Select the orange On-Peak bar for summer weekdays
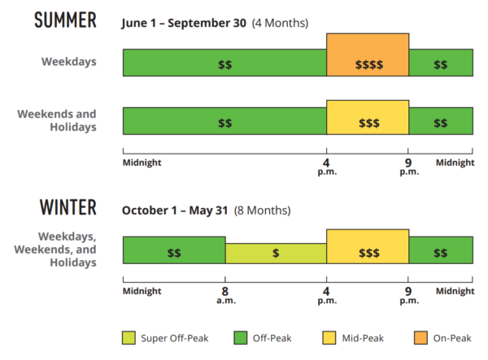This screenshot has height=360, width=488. [368, 55]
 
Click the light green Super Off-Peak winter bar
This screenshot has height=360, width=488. [276, 253]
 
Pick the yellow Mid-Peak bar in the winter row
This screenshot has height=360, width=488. [368, 247]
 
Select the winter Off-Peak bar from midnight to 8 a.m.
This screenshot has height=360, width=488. [174, 250]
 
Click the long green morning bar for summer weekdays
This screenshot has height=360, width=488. [224, 63]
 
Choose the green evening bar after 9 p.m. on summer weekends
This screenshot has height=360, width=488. [440, 121]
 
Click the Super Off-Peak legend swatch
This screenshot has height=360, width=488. [129, 337]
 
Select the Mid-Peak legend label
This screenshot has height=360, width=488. [361, 337]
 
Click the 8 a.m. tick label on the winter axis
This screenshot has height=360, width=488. [224, 294]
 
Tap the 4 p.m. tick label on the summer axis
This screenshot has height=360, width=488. [327, 167]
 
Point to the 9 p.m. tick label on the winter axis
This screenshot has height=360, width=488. [408, 294]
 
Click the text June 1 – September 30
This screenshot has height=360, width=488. [184, 23]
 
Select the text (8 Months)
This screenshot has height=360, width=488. [262, 210]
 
